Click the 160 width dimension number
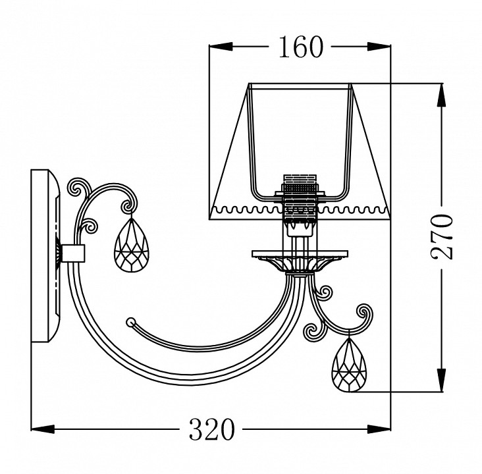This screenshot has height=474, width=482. [x=301, y=47]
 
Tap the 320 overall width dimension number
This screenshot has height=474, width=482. [x=211, y=429]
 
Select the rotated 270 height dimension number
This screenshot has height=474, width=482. [x=442, y=237]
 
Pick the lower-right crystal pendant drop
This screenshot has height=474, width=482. [x=349, y=365]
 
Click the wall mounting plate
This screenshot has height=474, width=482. [x=45, y=255]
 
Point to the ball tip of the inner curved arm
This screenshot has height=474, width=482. [x=130, y=322]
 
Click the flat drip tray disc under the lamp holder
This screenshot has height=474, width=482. [x=300, y=254]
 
